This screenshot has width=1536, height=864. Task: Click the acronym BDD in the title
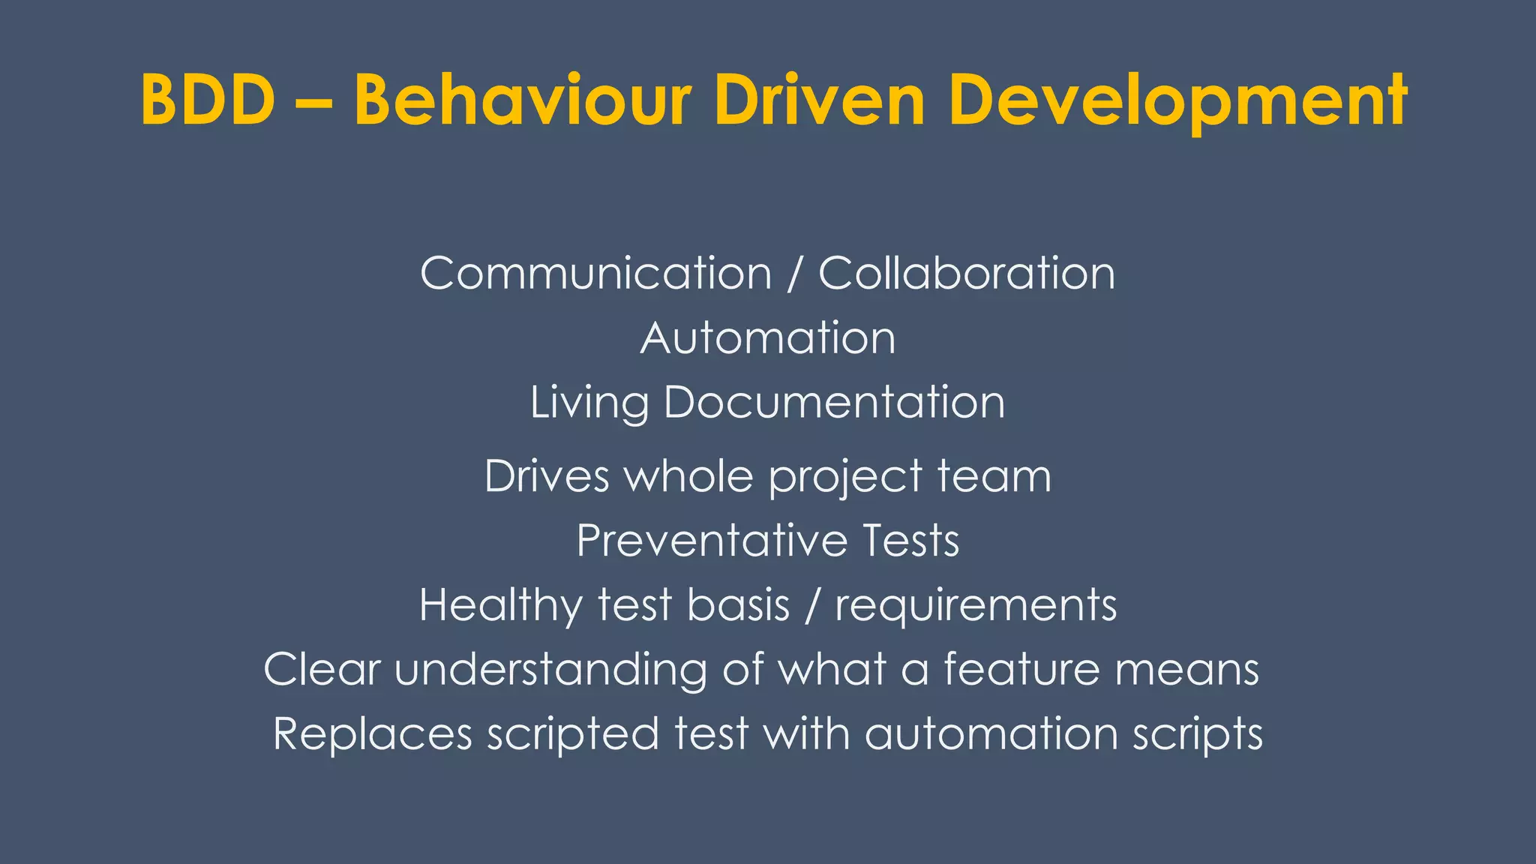[x=208, y=100]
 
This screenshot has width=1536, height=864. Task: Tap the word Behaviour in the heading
[x=522, y=100]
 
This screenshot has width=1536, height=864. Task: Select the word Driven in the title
[x=820, y=100]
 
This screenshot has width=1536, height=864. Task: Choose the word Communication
[x=595, y=273]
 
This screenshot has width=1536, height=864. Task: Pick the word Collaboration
[x=966, y=273]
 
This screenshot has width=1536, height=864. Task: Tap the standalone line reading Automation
[x=768, y=337]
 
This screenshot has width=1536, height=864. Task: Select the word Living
[x=589, y=403]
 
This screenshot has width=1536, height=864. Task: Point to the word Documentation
[x=834, y=402]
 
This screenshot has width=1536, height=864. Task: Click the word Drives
[x=547, y=476]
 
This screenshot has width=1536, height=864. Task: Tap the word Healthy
[x=500, y=606]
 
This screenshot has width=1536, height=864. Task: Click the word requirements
[x=976, y=606]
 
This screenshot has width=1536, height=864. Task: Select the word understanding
[x=550, y=670]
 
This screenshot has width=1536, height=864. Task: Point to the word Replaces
[x=372, y=733]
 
